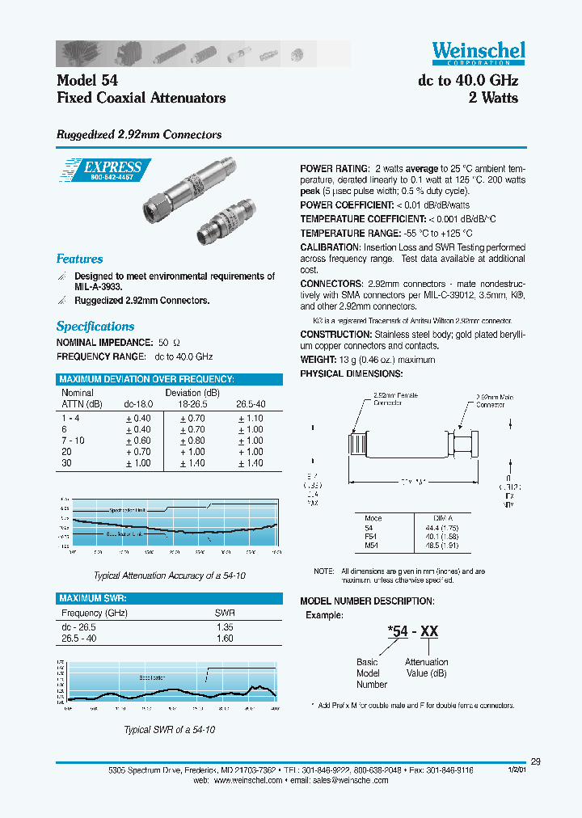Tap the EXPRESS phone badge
pos(105,170)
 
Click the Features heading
pos(79,259)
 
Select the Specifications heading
pos(95,327)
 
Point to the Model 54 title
pos(87,81)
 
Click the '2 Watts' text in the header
pos(493,98)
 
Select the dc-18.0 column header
pos(138,404)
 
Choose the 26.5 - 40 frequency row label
pos(79,639)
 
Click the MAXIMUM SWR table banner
pos(93,598)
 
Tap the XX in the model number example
pos(429,631)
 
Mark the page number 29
pos(536,761)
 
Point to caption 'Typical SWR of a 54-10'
pos(169,729)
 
